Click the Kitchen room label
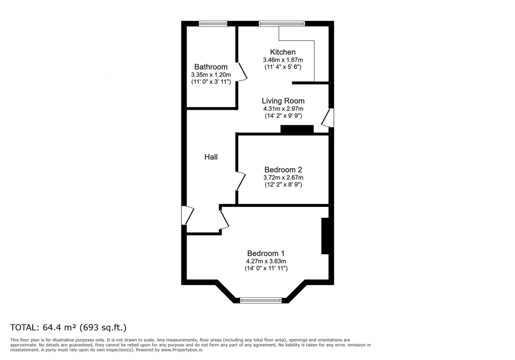[x=283, y=52]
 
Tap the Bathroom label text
[x=211, y=67]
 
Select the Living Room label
[x=283, y=101]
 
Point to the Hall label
[x=211, y=157]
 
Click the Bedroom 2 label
[x=283, y=170]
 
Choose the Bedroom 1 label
[x=266, y=253]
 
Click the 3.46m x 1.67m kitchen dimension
[x=283, y=60]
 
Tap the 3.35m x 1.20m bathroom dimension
[x=211, y=75]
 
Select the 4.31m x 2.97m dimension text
[x=283, y=109]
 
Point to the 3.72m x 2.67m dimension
[x=283, y=178]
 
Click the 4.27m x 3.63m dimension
[x=266, y=261]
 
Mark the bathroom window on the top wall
[x=213, y=24]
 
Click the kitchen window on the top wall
[x=282, y=24]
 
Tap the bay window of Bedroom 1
[x=261, y=300]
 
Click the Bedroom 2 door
[x=241, y=181]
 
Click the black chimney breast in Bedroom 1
[x=325, y=236]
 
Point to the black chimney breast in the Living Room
[x=297, y=129]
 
